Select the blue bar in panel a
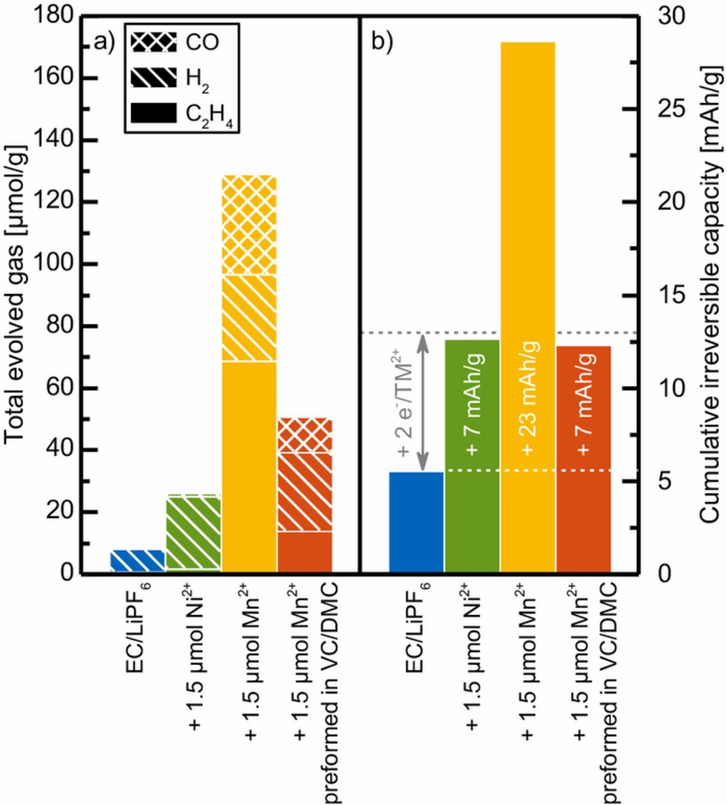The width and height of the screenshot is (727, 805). tap(138, 560)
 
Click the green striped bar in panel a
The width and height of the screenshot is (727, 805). tap(193, 533)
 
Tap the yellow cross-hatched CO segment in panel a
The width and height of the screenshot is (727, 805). tap(249, 225)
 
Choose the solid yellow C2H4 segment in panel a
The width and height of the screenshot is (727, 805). tap(249, 465)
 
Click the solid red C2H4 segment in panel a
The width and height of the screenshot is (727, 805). tap(305, 552)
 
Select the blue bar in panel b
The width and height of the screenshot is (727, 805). tap(416, 521)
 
